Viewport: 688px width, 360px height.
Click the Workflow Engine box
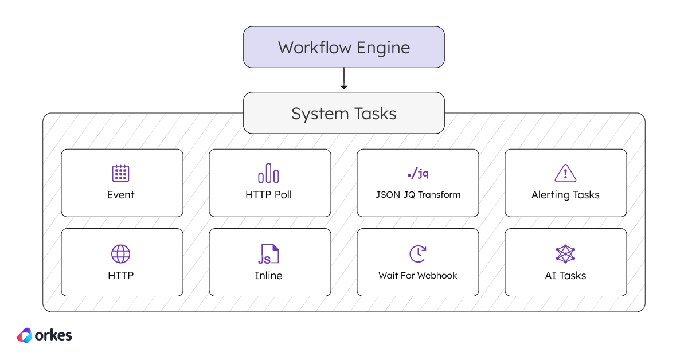pos(343,47)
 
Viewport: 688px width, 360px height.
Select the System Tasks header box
pos(343,113)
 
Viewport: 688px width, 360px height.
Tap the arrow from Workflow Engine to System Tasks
pos(343,79)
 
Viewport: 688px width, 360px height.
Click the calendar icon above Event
pos(120,173)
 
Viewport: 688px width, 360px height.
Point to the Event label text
pos(120,195)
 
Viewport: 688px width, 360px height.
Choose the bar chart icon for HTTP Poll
pos(268,173)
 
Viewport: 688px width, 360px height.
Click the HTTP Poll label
pos(268,195)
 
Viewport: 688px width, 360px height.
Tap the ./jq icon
pos(417,173)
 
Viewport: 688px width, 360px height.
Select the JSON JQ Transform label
pos(417,195)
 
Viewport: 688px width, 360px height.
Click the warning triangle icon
pos(565,173)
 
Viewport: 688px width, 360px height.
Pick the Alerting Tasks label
pos(565,195)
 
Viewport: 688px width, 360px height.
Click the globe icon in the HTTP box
pos(120,253)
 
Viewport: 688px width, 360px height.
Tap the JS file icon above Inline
pos(268,253)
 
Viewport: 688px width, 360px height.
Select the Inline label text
pos(268,276)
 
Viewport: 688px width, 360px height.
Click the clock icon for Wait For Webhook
pos(417,253)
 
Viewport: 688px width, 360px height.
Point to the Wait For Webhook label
pos(417,276)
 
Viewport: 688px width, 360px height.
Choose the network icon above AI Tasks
pos(565,253)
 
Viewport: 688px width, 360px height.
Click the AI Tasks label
pos(565,276)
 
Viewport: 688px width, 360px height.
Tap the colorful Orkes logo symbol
pos(25,335)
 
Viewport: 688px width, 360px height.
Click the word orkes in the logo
pos(53,335)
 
